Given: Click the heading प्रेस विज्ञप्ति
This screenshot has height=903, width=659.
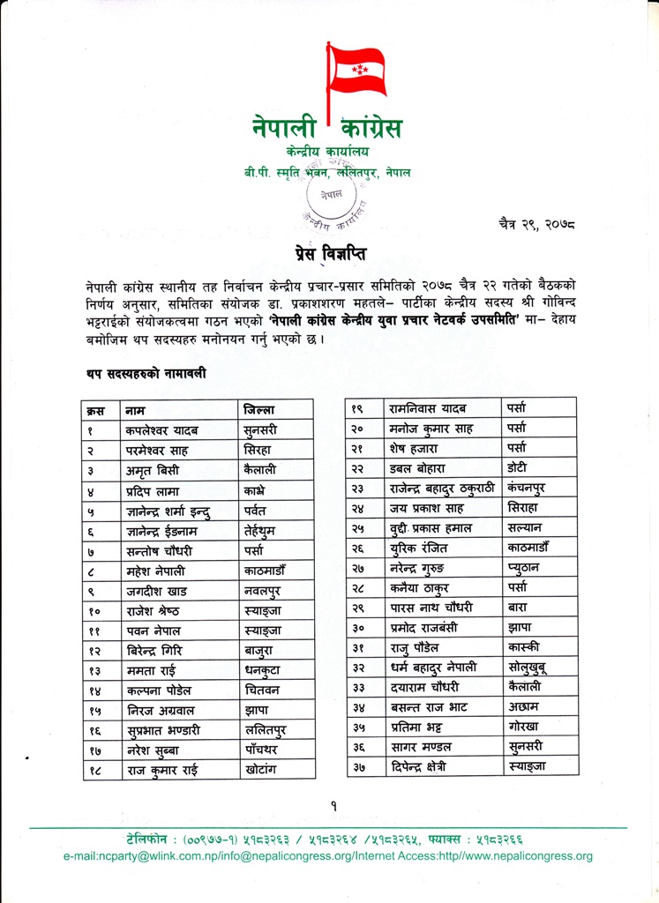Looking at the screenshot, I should point(331,253).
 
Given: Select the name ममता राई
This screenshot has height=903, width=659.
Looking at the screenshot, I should point(154,670).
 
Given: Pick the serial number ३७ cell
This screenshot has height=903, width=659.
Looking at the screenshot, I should point(359,767).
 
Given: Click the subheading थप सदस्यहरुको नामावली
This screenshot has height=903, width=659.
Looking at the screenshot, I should point(146,374).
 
